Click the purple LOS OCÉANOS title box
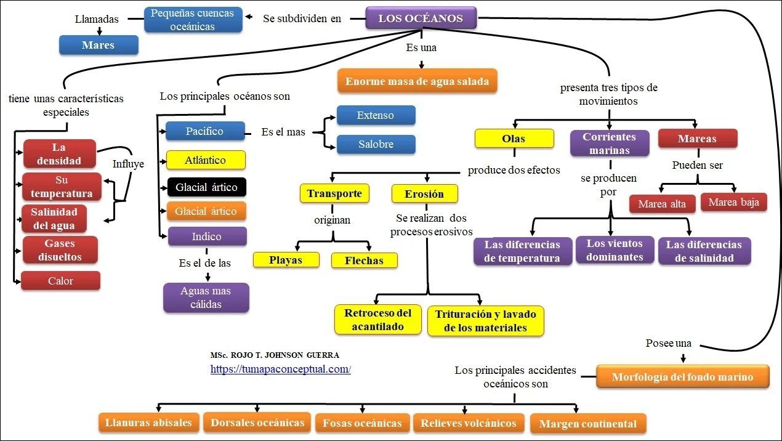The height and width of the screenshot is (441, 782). coord(421,18)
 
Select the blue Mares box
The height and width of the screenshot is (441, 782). coord(99,45)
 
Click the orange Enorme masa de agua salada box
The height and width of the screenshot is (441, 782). coord(417,81)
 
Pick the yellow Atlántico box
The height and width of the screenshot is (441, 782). coord(205,160)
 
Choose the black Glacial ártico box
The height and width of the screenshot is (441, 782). coord(206,187)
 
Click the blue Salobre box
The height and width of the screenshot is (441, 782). coord(376,145)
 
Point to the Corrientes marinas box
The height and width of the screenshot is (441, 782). coord(609,144)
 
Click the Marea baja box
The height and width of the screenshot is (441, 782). coord(733,202)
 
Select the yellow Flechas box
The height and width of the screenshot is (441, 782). coord(364,261)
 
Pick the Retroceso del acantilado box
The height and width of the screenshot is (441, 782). coord(378,320)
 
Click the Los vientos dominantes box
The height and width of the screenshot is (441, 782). coord(614,250)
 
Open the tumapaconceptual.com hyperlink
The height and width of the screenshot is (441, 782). coord(280,369)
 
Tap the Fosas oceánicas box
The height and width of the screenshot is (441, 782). coord(362,423)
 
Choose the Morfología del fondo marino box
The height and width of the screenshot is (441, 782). coord(682,377)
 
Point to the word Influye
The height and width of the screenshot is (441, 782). coord(128,164)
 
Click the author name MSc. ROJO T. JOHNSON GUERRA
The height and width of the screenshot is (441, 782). coord(275,355)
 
